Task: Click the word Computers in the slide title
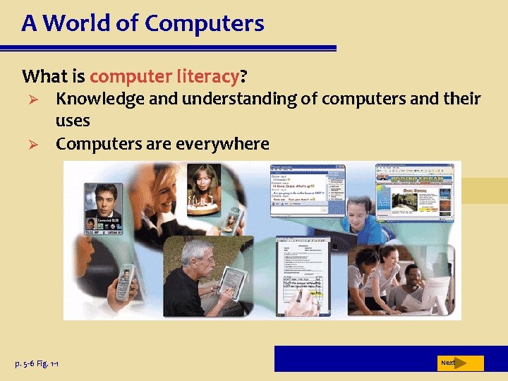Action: pos(204,24)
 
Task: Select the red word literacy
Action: pos(208,75)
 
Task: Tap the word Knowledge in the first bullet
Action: pos(101,99)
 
